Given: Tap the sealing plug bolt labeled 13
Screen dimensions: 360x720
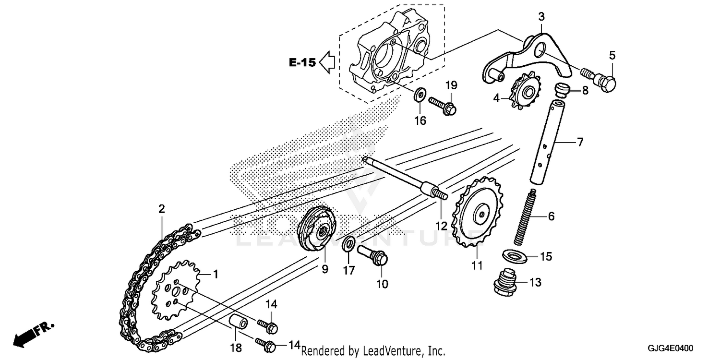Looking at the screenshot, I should pos(504,281).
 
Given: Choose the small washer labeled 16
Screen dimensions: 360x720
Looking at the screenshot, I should pos(419,94).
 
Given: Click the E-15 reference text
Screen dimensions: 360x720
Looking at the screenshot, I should pos(302,62).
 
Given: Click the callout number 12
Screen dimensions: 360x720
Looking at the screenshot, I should pos(441,225).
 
